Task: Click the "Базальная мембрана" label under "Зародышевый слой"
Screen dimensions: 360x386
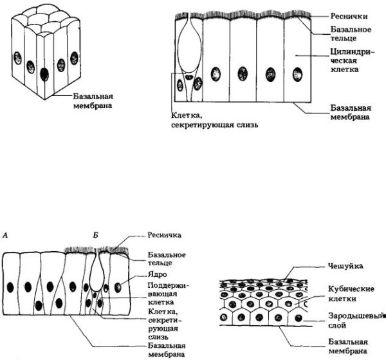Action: point(348,346)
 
